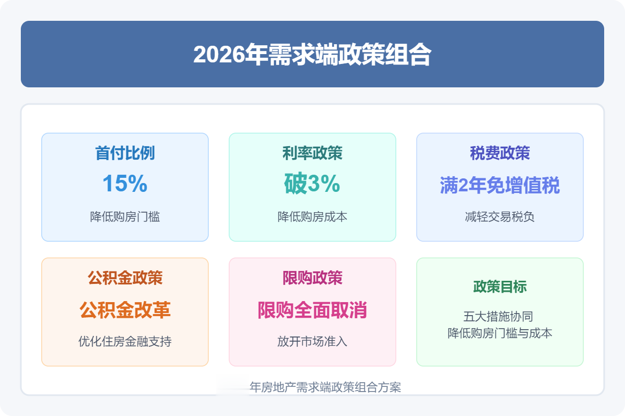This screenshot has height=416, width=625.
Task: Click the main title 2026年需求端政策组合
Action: (x=312, y=54)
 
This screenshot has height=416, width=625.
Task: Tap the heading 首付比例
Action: (x=125, y=153)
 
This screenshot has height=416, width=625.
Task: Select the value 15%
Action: (x=125, y=184)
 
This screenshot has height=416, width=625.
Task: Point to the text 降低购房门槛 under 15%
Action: (x=125, y=216)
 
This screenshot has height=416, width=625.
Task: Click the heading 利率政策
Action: (x=312, y=153)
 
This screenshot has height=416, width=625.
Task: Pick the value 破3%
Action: (x=312, y=184)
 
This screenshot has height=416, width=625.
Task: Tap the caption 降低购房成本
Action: (x=312, y=216)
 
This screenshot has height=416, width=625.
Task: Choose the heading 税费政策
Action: (x=500, y=153)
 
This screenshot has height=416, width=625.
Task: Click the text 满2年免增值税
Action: (x=500, y=185)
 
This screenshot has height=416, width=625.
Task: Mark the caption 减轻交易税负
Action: (x=500, y=216)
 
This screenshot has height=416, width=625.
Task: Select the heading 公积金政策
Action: (x=125, y=278)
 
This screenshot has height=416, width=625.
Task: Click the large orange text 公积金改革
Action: (x=125, y=310)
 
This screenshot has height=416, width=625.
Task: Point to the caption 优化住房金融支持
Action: (x=125, y=341)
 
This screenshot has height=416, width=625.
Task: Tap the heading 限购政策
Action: (x=312, y=278)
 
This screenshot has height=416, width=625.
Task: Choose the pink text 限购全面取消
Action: (x=312, y=310)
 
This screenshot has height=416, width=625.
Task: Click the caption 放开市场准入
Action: (x=312, y=341)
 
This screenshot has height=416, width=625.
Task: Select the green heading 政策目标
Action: (x=500, y=287)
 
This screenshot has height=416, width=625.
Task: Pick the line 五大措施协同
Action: (x=498, y=317)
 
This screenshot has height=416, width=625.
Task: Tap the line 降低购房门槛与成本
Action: (x=500, y=333)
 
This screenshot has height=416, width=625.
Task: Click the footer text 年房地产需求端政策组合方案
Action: (x=326, y=387)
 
